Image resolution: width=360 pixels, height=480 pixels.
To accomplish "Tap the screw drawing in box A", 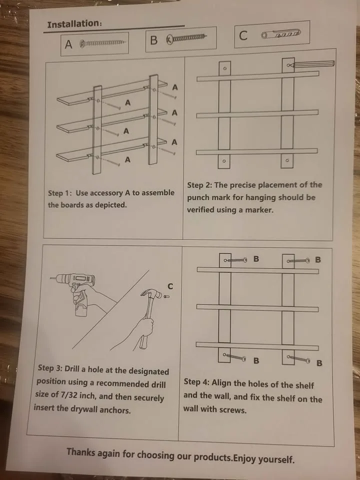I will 102,43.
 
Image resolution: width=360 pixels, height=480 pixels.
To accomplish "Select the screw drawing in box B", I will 186,38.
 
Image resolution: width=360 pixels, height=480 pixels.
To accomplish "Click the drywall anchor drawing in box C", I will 280,34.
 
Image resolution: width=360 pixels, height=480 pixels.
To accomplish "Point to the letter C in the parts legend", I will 243,35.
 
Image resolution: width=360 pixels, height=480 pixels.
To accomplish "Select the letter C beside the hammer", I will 170,286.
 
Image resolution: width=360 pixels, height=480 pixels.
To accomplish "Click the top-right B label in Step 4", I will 318,259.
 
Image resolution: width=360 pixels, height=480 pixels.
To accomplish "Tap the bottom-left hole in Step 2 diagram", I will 224,161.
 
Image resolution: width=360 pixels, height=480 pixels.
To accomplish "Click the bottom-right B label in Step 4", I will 319,362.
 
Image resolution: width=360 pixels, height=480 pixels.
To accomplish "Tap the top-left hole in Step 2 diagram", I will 224,68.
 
